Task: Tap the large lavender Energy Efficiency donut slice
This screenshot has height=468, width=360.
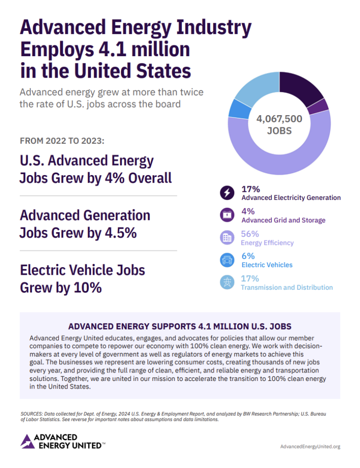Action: coord(281,159)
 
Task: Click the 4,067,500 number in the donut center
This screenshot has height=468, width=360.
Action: coord(279,119)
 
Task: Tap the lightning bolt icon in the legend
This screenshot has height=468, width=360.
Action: coord(227,192)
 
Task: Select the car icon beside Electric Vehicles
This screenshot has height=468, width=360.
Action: coord(227,260)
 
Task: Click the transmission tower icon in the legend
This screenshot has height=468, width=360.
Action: coord(227,282)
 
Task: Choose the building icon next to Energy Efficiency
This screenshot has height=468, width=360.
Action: coord(227,237)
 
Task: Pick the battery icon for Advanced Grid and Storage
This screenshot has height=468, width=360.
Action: coord(227,215)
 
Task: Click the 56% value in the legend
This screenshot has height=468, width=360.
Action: coord(250,234)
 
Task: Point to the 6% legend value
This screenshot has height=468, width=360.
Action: coord(248,256)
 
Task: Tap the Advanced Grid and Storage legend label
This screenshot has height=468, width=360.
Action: coord(283,220)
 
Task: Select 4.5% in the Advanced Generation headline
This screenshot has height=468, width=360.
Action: coord(119,232)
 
